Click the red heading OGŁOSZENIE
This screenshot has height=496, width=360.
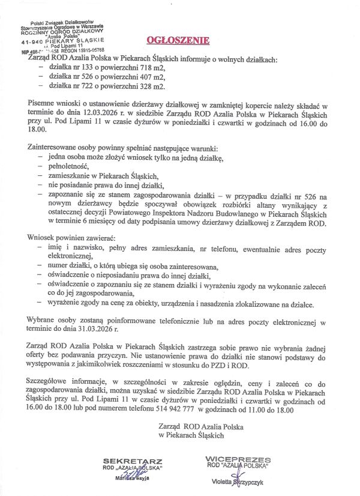(178, 41)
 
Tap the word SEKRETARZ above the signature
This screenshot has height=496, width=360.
(125, 460)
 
